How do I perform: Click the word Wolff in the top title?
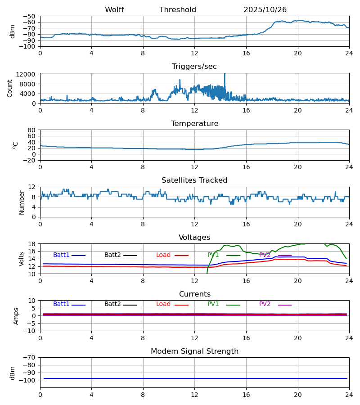[x=114, y=10]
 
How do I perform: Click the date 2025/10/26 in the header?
[x=265, y=10]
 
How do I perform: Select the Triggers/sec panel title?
[x=194, y=67]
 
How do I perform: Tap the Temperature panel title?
[x=194, y=124]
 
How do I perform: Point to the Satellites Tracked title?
[x=194, y=180]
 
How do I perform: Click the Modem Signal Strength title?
[x=194, y=351]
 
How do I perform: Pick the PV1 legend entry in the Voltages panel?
[x=213, y=255]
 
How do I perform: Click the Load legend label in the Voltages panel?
[x=163, y=255]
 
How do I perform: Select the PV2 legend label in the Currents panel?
[x=265, y=304]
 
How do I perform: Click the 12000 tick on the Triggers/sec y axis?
[x=28, y=74]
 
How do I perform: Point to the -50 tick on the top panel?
[x=31, y=16]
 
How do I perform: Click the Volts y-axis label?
[x=22, y=259]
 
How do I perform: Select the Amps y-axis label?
[x=17, y=316]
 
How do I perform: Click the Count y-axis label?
[x=10, y=88]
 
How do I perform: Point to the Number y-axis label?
[x=22, y=202]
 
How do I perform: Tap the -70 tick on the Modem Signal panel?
[x=31, y=358]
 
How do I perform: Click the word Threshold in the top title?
[x=178, y=10]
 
